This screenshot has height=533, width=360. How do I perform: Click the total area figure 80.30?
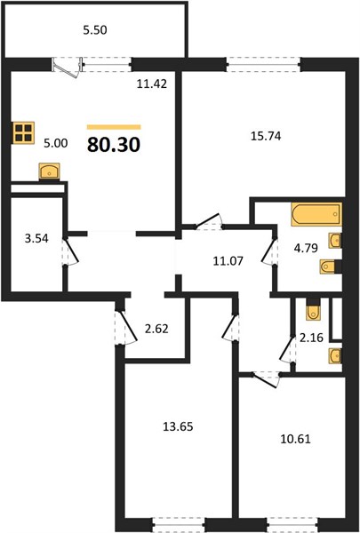[x=114, y=145]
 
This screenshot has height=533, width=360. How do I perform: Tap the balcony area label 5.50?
[x=95, y=30]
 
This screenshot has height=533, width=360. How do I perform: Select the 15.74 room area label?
[x=266, y=136]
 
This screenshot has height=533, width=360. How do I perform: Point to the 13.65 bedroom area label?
[x=178, y=426]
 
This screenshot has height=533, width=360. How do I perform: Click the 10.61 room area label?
[x=295, y=439]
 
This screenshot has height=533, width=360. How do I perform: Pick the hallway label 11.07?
[x=228, y=261]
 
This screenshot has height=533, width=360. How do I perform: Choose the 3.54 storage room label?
[x=36, y=238]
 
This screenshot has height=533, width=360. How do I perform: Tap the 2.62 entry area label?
[x=156, y=329]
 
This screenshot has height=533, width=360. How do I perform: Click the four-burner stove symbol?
[x=24, y=132]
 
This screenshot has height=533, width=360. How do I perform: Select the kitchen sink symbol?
[x=50, y=171]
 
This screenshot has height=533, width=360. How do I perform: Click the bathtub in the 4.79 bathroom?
[x=316, y=214]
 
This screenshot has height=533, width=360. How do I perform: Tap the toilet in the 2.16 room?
[x=313, y=310]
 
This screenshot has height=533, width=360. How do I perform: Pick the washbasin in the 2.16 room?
[x=335, y=355]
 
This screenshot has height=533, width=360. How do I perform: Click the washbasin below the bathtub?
[x=335, y=241]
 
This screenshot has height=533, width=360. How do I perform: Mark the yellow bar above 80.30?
[x=114, y=127]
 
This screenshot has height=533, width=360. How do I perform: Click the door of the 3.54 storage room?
[x=69, y=251]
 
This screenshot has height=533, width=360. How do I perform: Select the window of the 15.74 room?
[x=263, y=64]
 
